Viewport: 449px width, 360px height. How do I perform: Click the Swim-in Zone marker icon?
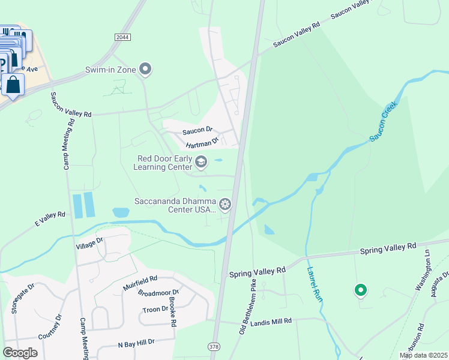(145, 70)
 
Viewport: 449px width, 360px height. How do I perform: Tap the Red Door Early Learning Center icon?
(202, 161)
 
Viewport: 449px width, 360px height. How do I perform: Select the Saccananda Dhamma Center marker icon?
(225, 205)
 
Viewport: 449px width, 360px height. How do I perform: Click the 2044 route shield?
(122, 37)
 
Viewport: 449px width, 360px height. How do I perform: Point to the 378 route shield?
(213, 347)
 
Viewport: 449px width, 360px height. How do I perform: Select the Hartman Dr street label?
(200, 144)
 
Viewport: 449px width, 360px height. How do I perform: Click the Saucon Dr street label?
(198, 129)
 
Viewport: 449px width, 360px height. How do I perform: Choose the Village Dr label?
(90, 242)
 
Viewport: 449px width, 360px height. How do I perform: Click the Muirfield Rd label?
(140, 279)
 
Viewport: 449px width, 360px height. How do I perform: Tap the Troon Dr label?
(155, 309)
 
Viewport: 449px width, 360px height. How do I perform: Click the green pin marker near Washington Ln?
(361, 291)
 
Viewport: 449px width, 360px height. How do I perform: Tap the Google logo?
(20, 353)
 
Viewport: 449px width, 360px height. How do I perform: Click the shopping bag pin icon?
(13, 85)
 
